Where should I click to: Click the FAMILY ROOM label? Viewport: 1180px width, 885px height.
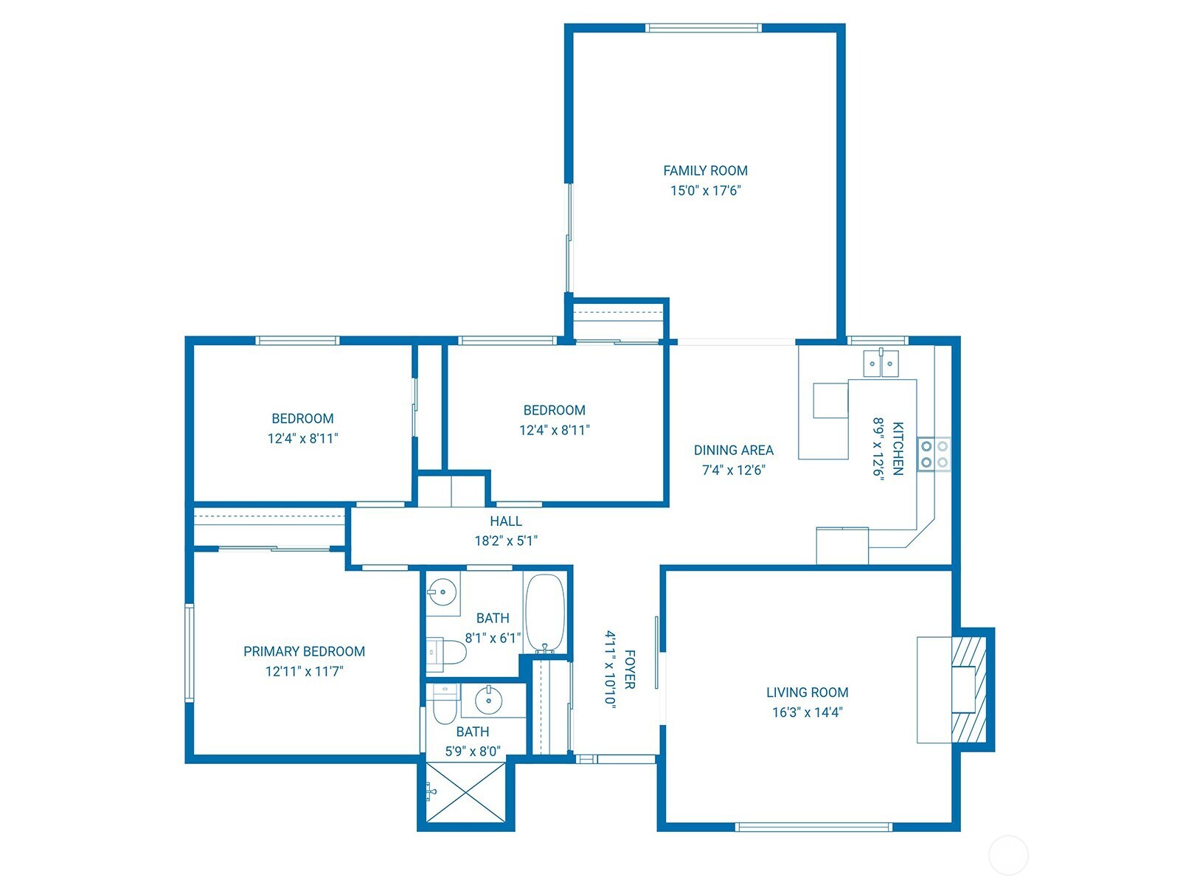[x=705, y=170]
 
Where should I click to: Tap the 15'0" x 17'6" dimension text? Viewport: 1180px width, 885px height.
[x=705, y=190]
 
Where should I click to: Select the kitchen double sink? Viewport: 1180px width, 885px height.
[x=881, y=363]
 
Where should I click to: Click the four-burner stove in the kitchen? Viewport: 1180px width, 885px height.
[x=934, y=454]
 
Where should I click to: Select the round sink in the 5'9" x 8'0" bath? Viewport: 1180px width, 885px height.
[x=488, y=699]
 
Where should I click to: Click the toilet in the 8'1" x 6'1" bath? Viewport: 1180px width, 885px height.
[x=448, y=653]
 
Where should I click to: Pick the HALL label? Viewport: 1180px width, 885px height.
[x=506, y=521]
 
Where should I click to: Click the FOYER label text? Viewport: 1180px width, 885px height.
[x=629, y=669]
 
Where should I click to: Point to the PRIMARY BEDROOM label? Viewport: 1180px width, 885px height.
[x=304, y=651]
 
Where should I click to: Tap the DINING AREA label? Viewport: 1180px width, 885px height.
[x=733, y=450]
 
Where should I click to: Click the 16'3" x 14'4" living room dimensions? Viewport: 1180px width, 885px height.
[x=807, y=712]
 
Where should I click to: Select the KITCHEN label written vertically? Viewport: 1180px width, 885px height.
[x=898, y=448]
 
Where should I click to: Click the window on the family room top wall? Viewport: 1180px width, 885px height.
[x=703, y=28]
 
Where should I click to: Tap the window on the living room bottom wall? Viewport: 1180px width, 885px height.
[x=814, y=827]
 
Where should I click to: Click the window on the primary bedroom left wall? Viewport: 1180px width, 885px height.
[x=190, y=653]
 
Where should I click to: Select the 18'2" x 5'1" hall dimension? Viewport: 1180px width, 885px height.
[x=506, y=541]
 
